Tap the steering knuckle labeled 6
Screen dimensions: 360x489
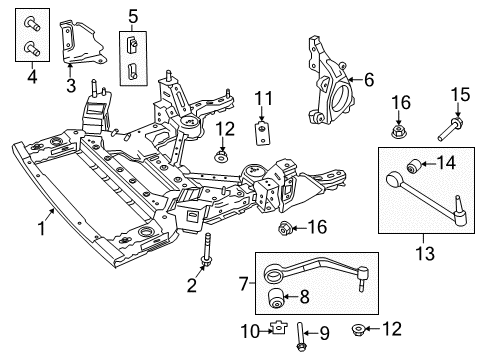(x=331, y=70)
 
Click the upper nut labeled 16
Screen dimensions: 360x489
(x=398, y=128)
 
